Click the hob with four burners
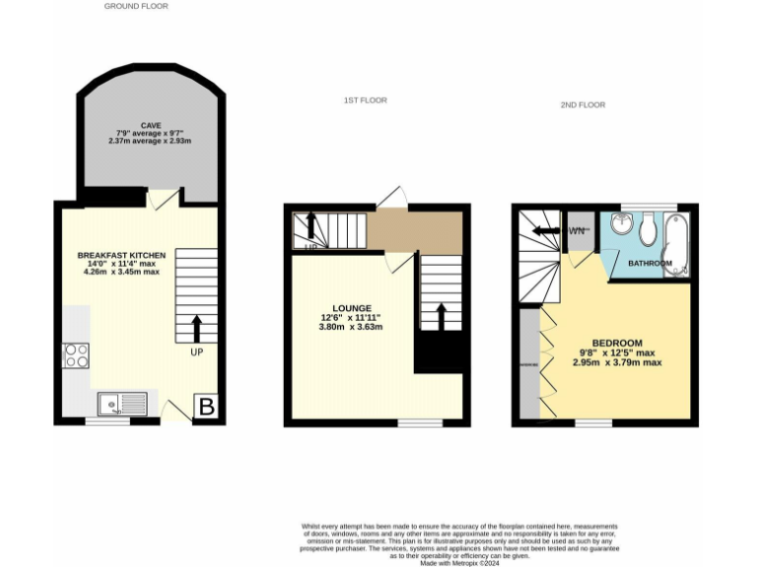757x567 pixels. tap(76, 355)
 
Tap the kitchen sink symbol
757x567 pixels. tap(122, 404)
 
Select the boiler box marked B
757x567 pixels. tap(206, 406)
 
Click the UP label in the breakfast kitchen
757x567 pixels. tap(197, 351)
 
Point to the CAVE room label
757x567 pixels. tap(151, 125)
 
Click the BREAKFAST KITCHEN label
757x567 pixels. tap(121, 255)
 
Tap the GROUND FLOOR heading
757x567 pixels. tap(136, 6)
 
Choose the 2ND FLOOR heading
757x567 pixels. tap(584, 104)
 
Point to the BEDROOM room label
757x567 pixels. tap(617, 343)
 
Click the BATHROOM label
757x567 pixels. tap(650, 264)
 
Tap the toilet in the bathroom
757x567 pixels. tap(648, 230)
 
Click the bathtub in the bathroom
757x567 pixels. tap(677, 242)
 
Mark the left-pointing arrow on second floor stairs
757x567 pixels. tap(545, 231)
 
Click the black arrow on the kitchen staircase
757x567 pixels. tap(196, 327)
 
